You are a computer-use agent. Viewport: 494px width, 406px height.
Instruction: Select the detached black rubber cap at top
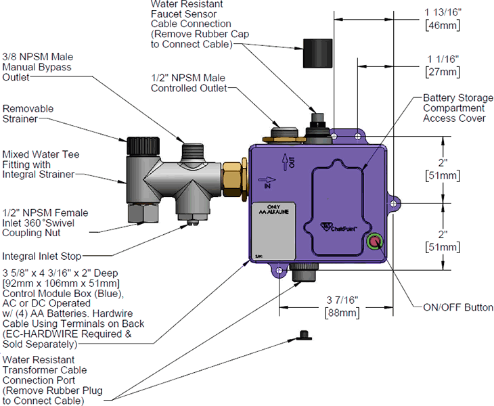click(313, 53)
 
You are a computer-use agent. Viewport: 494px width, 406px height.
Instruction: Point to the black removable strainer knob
click(138, 145)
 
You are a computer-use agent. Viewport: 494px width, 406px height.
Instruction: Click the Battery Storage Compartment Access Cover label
click(454, 108)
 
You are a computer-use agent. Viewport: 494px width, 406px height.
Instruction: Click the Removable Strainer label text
click(28, 114)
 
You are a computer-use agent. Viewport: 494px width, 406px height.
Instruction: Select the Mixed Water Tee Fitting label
click(41, 164)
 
